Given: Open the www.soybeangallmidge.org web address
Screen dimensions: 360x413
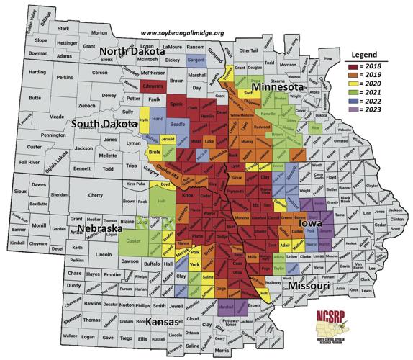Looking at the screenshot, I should (183, 34).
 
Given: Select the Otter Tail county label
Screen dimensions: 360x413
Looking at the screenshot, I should (248, 50).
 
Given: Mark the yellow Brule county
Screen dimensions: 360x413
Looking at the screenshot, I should (154, 153).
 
